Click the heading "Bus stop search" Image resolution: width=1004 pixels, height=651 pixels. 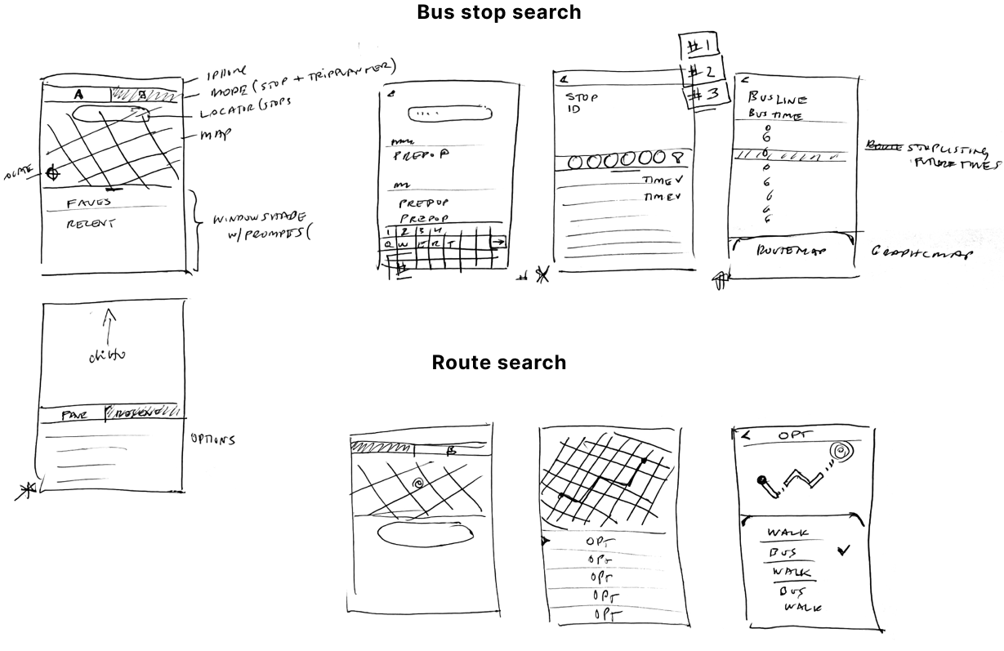[x=498, y=12]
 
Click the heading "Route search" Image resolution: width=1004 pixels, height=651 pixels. [x=498, y=362]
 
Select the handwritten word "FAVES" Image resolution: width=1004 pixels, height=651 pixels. [x=89, y=202]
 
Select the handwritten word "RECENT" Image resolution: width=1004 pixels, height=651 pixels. [x=91, y=221]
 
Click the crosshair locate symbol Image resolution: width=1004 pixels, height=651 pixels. [x=53, y=172]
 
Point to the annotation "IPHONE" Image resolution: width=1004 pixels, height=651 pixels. [x=216, y=72]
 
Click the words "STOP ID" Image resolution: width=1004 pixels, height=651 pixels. [x=581, y=103]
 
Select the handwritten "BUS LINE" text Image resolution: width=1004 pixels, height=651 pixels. [x=777, y=98]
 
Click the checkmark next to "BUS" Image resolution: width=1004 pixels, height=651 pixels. [x=842, y=551]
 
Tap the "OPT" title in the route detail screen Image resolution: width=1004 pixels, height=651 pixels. [x=791, y=435]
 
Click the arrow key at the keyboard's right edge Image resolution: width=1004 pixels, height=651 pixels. [x=498, y=242]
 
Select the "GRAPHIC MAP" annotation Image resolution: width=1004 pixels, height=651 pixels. [x=921, y=252]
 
